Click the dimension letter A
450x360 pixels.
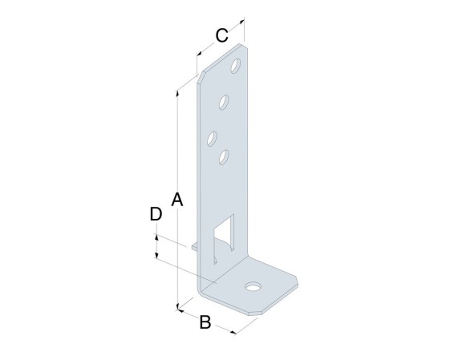tap(177, 200)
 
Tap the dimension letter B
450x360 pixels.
tap(205, 322)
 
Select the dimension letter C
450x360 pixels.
tap(222, 35)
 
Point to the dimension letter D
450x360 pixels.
tap(156, 214)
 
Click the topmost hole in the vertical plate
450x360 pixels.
tap(236, 66)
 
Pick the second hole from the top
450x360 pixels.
tap(224, 102)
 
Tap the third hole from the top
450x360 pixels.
tap(212, 139)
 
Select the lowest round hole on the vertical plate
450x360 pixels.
tap(224, 157)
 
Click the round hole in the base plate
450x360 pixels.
tap(253, 286)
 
